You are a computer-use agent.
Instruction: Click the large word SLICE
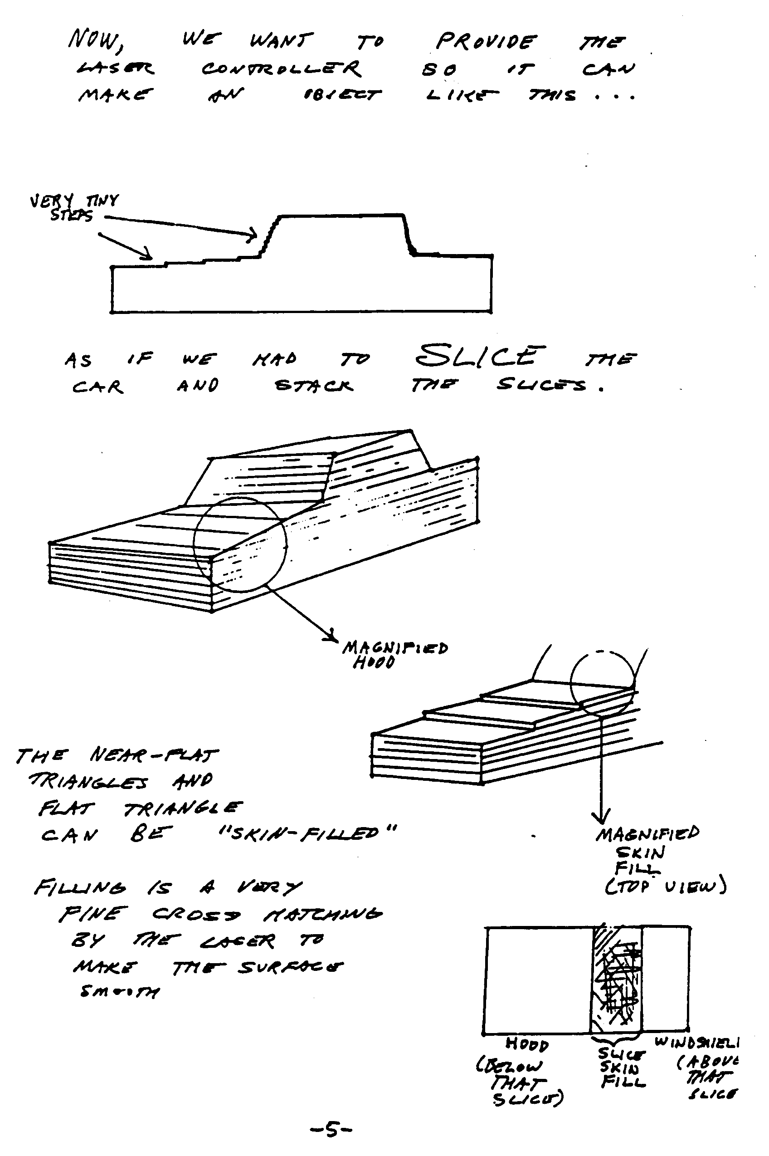pyautogui.click(x=480, y=356)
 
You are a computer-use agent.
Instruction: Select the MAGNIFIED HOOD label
pyautogui.click(x=394, y=655)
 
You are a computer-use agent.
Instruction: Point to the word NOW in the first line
pyautogui.click(x=95, y=39)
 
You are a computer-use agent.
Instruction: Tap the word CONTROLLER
pyautogui.click(x=281, y=69)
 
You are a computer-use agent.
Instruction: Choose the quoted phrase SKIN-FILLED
pyautogui.click(x=307, y=833)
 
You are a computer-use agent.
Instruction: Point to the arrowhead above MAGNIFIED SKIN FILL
pyautogui.click(x=600, y=817)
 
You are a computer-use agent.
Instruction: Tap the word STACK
pyautogui.click(x=313, y=386)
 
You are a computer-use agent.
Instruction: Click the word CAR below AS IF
pyautogui.click(x=97, y=387)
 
